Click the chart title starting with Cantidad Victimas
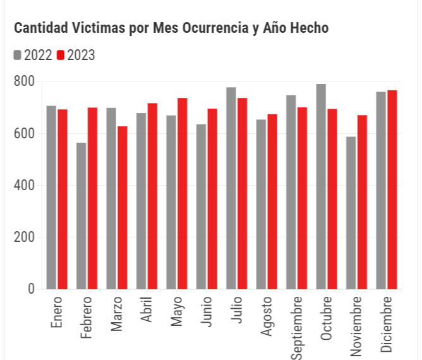coord(171,28)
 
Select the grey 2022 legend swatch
coord(18,56)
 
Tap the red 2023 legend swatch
coord(61,56)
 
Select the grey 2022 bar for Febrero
coord(81,216)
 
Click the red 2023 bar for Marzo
coord(123,208)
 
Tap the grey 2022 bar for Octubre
coord(321,186)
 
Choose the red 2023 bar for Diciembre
coord(392,189)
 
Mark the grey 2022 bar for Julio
coord(231,188)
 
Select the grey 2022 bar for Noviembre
coord(351,213)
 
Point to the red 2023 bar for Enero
coord(63,200)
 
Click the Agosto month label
coord(266,316)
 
